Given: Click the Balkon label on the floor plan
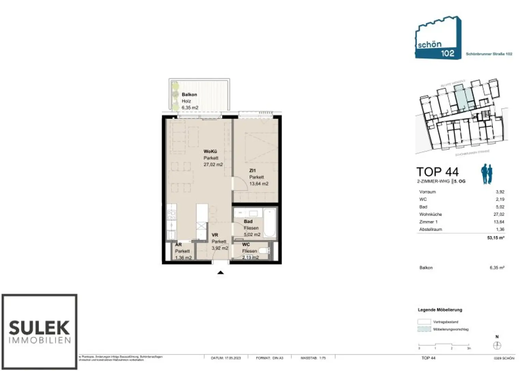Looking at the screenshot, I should point(189,95).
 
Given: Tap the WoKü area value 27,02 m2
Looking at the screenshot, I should point(213,165).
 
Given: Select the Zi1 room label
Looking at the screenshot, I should point(252,170).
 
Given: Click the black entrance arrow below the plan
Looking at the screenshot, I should point(220,272).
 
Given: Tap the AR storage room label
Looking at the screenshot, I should point(178,244).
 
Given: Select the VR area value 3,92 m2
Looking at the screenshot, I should point(220,248).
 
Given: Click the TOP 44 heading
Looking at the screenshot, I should point(437,172).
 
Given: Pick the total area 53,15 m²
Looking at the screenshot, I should point(495,238).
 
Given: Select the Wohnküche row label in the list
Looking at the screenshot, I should point(430,214).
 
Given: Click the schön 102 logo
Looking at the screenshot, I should point(438,38).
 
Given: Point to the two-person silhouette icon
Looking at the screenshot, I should point(487,174).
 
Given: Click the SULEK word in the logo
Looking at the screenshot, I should point(39,328).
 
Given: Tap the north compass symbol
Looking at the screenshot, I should point(497,346).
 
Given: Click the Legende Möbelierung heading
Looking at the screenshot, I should point(440,310).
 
